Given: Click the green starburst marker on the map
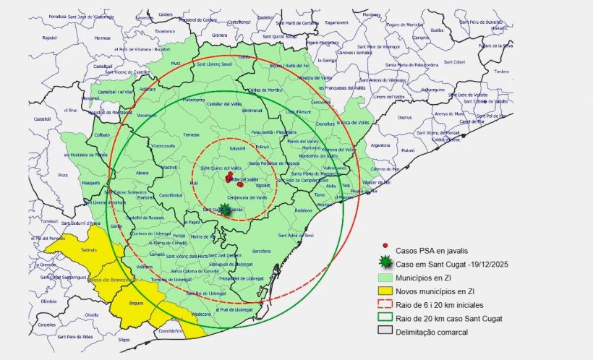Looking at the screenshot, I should pos(225,210).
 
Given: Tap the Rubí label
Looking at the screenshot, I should pos(193,184).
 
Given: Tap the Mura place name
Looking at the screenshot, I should pos(175,64).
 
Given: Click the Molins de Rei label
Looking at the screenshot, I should pos(202,236).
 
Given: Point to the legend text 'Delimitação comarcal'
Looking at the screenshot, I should pos(433,331).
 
